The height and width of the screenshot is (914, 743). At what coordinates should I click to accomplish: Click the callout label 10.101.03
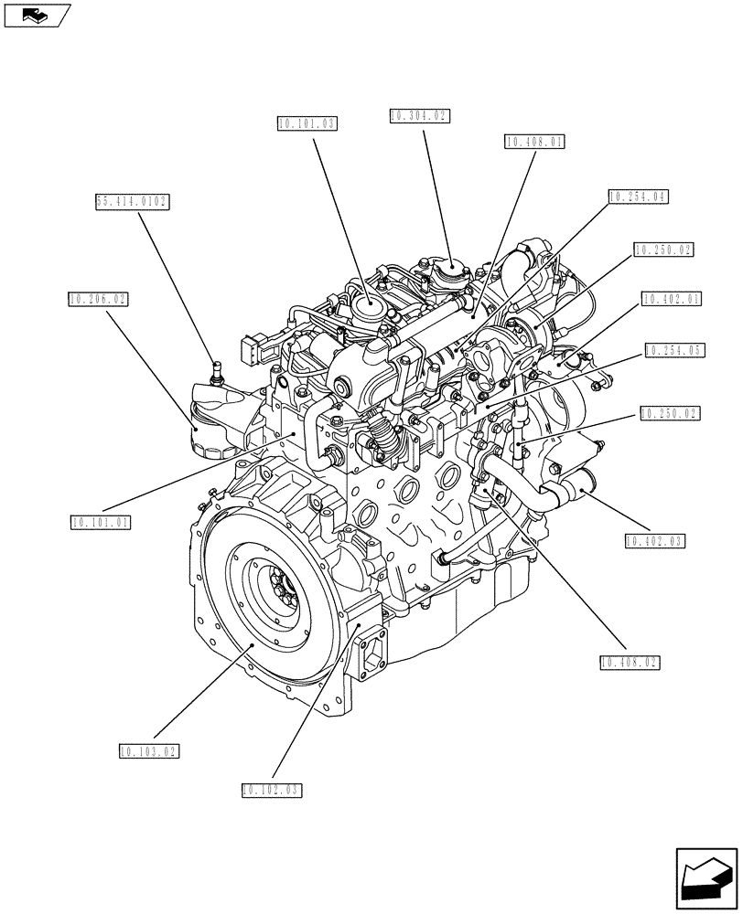point(306,122)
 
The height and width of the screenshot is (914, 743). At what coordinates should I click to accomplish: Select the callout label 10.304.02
point(419,116)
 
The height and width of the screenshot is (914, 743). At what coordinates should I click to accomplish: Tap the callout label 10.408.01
point(534,142)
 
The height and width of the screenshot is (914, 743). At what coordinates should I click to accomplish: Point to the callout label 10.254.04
point(638,196)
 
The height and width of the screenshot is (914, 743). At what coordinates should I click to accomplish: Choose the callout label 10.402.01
point(672,299)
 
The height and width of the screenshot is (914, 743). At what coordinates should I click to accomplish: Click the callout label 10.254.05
point(673,350)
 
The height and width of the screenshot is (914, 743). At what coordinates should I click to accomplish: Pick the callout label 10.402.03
point(656,541)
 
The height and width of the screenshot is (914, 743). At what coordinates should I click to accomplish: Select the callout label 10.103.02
point(148,751)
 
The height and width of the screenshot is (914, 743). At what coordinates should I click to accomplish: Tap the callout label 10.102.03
point(272,789)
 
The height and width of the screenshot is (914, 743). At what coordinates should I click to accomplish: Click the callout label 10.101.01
point(102,523)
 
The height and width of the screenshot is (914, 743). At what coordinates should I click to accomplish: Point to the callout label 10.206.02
point(98,298)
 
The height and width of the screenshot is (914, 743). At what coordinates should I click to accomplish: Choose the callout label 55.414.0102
point(133,202)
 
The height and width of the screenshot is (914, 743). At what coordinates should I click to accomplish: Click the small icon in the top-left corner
point(37,14)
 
